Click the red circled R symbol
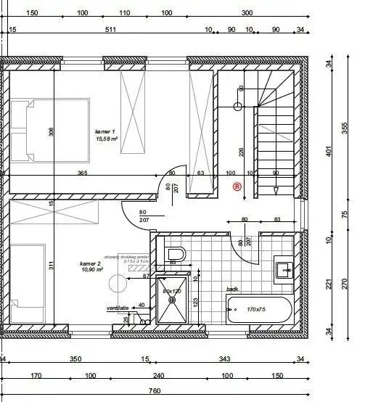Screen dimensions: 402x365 click(237, 186)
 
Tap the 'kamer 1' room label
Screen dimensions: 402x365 click(105, 132)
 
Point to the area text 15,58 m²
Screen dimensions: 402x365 click(106, 139)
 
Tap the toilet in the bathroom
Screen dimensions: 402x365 click(176, 254)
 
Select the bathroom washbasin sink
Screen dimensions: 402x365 click(283, 270)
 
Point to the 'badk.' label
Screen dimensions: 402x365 click(232, 289)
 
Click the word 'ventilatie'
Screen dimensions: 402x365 click(118, 308)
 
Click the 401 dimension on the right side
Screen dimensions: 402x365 click(329, 152)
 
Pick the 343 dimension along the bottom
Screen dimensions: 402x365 click(224, 359)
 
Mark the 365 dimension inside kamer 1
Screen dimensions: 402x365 click(83, 173)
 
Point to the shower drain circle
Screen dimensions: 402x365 click(194, 277)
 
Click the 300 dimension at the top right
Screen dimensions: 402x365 click(247, 13)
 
